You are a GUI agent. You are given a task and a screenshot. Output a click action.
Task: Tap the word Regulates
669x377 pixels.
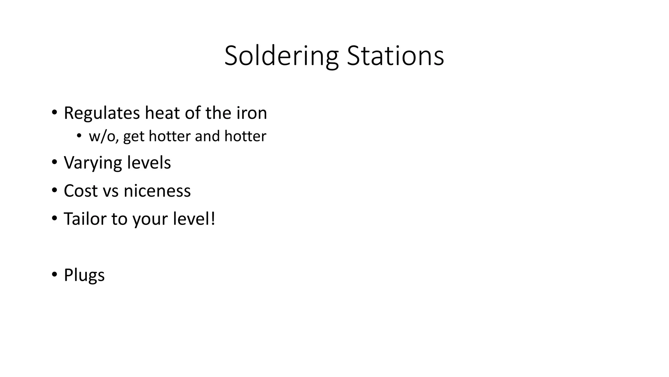pyautogui.click(x=102, y=113)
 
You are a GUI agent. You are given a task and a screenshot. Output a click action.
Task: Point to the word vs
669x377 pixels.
pyautogui.click(x=110, y=191)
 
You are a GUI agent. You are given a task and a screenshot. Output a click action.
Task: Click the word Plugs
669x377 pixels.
pyautogui.click(x=84, y=276)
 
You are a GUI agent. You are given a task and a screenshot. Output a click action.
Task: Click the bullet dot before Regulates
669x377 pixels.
pyautogui.click(x=54, y=112)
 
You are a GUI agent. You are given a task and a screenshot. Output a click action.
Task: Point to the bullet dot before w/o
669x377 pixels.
pyautogui.click(x=79, y=135)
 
